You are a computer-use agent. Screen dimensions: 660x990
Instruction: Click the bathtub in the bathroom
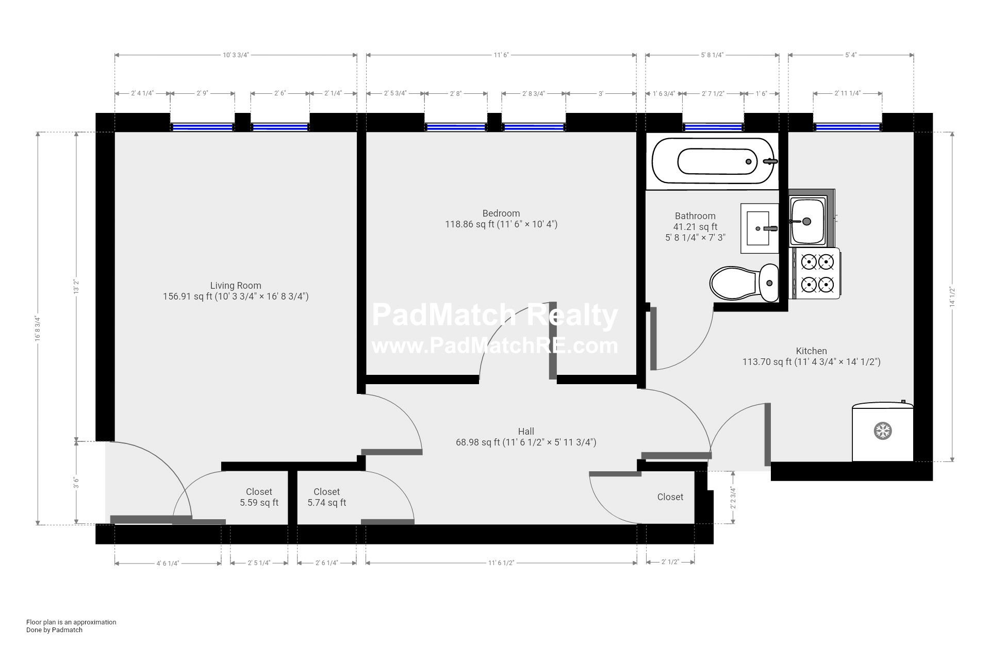(713, 161)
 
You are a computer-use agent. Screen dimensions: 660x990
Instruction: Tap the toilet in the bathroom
(744, 283)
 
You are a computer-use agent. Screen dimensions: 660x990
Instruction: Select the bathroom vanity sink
(759, 228)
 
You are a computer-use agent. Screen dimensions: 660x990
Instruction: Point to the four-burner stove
(817, 273)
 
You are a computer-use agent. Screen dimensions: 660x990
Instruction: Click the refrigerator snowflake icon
(883, 431)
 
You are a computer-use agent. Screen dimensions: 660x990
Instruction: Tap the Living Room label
(236, 286)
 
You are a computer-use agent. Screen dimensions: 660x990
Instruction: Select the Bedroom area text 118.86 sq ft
(501, 224)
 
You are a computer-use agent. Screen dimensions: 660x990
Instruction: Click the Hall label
(526, 432)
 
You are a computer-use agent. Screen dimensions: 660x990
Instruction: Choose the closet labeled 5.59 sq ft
(259, 498)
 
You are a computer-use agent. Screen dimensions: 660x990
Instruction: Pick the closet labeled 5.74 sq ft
(327, 498)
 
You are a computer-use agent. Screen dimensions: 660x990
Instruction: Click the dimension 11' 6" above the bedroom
(501, 55)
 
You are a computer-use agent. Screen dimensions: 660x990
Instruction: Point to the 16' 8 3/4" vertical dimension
(38, 328)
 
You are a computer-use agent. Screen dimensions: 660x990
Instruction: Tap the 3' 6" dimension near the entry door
(76, 483)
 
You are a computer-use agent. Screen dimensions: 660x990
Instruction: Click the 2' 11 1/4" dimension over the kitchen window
(847, 94)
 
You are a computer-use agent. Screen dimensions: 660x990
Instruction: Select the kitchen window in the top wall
(847, 127)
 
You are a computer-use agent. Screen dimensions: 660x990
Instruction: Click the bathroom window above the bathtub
(713, 127)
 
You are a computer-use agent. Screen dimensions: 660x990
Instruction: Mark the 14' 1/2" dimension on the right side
(952, 297)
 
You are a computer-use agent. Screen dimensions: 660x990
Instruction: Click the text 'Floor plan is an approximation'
(71, 622)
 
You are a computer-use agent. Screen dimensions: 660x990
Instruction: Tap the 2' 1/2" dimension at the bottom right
(670, 562)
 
